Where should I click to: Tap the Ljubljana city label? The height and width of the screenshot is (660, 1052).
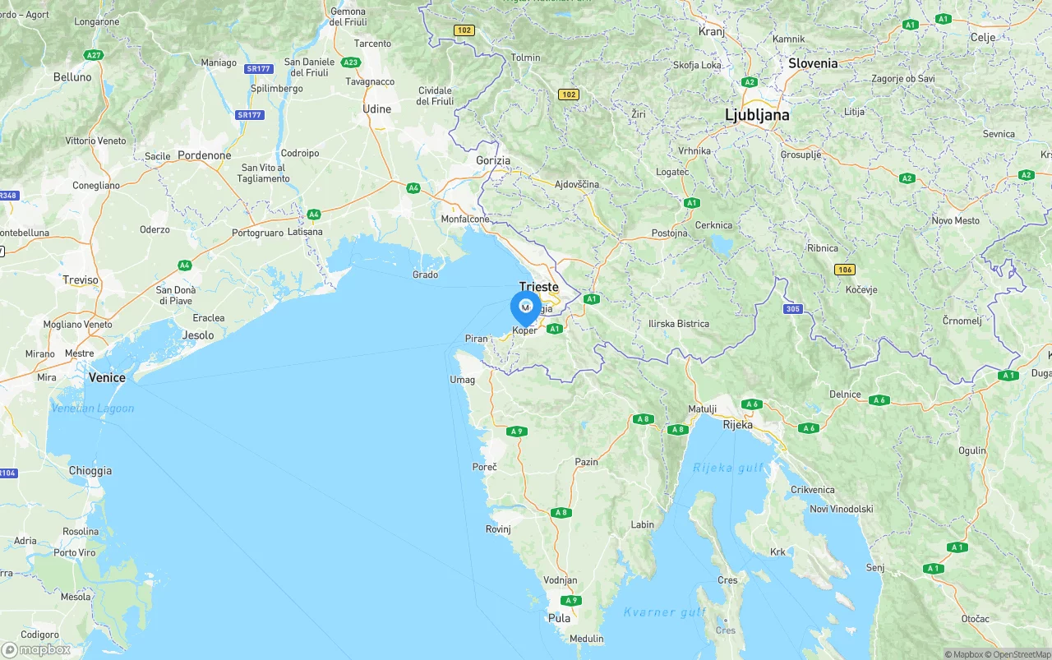757,115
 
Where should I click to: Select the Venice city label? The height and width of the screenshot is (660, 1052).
107,378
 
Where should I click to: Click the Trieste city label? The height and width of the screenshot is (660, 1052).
538,288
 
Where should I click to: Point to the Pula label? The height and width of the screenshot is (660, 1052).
559,618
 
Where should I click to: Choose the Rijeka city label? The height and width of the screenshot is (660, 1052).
737,425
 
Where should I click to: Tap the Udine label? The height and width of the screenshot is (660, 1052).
377,109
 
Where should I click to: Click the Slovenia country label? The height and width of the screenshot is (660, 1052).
813,63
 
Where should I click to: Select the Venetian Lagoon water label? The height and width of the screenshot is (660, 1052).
92,408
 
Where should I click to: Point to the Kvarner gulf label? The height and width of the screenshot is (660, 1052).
665,612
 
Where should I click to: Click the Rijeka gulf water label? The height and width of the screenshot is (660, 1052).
727,468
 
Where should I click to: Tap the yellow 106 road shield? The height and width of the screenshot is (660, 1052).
844,270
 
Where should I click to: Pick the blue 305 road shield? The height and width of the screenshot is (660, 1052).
792,309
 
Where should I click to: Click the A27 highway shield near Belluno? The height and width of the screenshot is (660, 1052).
93,55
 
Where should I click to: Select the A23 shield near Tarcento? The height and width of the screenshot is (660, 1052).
351,62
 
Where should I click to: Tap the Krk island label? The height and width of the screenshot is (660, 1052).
777,552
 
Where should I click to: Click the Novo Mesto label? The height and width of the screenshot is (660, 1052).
955,220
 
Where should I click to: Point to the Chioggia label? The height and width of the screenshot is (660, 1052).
90,471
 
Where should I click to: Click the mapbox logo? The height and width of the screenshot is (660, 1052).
36,649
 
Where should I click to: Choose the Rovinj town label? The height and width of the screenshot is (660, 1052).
498,529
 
